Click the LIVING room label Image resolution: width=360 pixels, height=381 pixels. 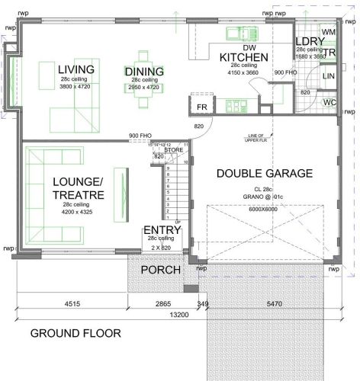click(x=76, y=70)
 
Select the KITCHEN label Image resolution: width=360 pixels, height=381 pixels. click(x=243, y=57)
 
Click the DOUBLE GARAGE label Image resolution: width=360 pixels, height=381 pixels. click(x=264, y=173)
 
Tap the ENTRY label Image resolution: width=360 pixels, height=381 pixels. click(x=162, y=230)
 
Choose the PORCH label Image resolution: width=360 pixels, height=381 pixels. click(x=160, y=270)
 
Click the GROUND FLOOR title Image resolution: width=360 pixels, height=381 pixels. click(x=75, y=333)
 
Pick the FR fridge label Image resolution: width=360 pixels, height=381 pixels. click(x=202, y=107)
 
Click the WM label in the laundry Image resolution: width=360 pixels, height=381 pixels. click(x=329, y=32)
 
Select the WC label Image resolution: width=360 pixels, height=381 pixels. click(x=329, y=101)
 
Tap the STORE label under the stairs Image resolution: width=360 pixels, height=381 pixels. click(x=174, y=150)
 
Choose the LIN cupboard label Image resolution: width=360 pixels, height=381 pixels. click(x=329, y=76)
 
